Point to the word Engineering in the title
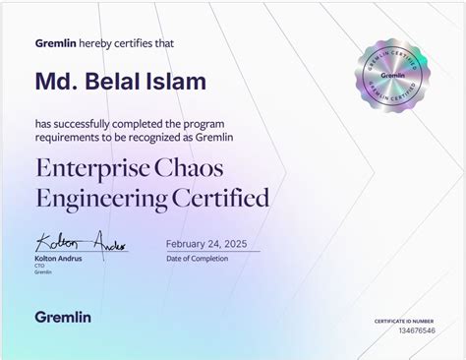pos(98,198)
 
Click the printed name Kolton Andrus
pos(58,258)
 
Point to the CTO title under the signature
pos(40,266)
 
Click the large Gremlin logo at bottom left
pos(63,316)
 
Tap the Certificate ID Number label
pos(403,322)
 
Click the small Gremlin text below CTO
pos(43,272)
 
